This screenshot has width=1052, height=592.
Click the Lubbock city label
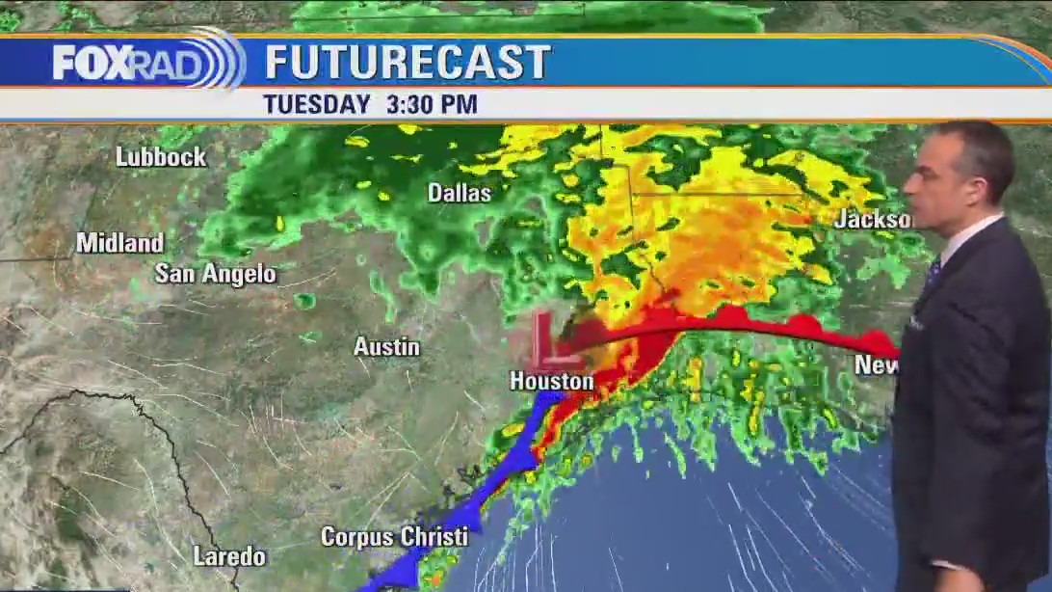coord(161,156)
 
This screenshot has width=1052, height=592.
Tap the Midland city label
coord(120,243)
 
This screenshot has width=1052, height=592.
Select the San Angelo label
coord(215,274)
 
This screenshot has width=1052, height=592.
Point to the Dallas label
coord(460,193)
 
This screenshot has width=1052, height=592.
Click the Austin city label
coord(386,346)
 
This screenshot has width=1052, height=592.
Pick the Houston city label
coord(551,382)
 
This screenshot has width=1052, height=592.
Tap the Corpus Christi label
coord(395,536)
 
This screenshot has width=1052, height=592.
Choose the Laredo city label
coord(229,556)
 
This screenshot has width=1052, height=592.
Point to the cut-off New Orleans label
coord(876,364)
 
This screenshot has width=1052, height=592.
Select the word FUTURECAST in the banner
coord(408,63)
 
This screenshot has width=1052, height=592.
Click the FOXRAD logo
coord(145,63)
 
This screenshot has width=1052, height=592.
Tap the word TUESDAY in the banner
coord(317,104)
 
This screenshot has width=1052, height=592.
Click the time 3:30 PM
coord(432,104)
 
